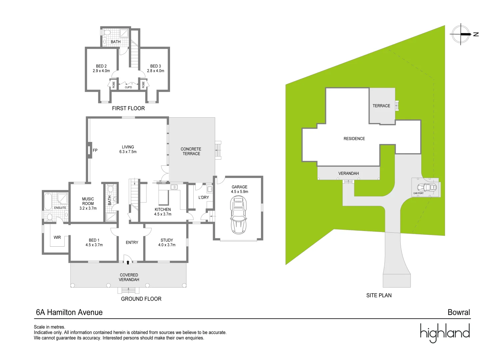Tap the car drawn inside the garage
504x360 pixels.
coord(238,215)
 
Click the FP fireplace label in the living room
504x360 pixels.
coord(95,150)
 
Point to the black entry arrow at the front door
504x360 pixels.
coord(128,262)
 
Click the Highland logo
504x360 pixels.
coord(445,333)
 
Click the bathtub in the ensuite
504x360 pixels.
coord(47,201)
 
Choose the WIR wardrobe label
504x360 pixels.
coord(57,237)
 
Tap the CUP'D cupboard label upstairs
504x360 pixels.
coord(128,87)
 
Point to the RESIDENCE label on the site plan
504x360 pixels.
coord(354,139)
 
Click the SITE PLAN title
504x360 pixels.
coord(379,295)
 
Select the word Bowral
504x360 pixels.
coord(459,312)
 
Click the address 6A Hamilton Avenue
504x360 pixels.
coord(69,312)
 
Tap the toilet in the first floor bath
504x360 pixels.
coord(107,33)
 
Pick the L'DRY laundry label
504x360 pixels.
coord(204,197)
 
